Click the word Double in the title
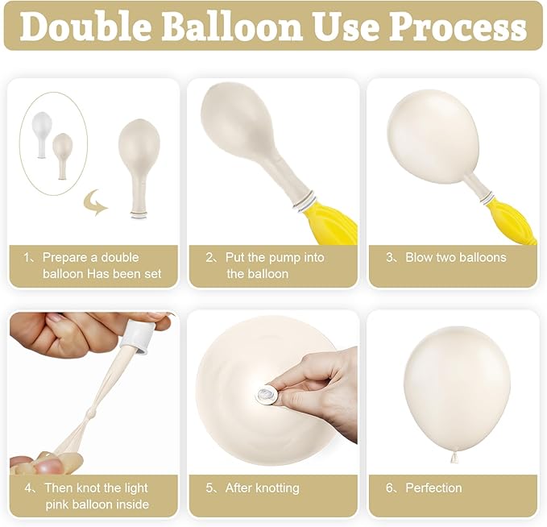coord(84,27)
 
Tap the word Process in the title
coord(458,27)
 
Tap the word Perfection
coord(433,488)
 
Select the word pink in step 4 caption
coord(58,504)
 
